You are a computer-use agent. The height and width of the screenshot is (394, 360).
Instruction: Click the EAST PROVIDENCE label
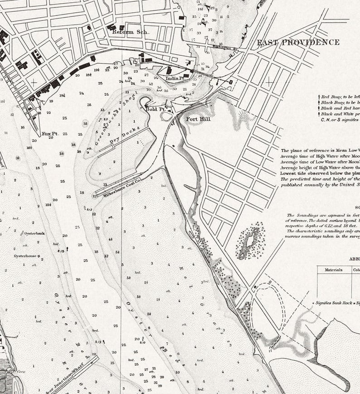[x=298, y=43]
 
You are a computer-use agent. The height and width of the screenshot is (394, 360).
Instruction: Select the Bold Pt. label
[x=155, y=109]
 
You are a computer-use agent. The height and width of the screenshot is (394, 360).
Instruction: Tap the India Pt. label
[x=175, y=78]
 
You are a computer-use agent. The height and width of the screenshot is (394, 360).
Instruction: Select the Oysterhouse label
[x=27, y=256]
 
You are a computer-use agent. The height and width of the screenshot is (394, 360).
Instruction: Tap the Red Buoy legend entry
[x=340, y=97]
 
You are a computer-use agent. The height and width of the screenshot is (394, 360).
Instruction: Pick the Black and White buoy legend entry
[x=340, y=114]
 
